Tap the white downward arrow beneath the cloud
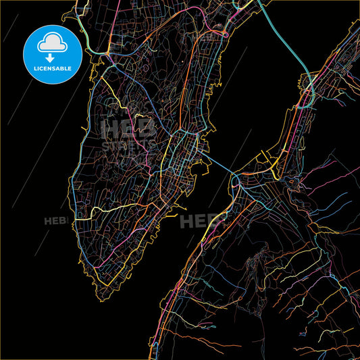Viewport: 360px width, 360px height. coord(51,57)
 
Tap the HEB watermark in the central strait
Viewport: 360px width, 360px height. coord(200,220)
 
